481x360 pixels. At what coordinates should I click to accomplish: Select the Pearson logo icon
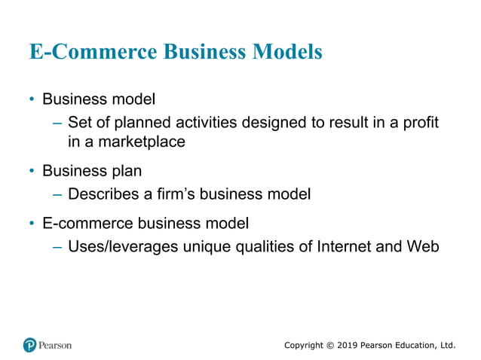click(x=30, y=345)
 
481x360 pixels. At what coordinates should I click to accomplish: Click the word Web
click(x=423, y=246)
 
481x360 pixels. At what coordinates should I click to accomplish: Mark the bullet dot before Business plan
click(x=32, y=171)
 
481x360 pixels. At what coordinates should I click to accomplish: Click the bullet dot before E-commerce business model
click(x=32, y=224)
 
